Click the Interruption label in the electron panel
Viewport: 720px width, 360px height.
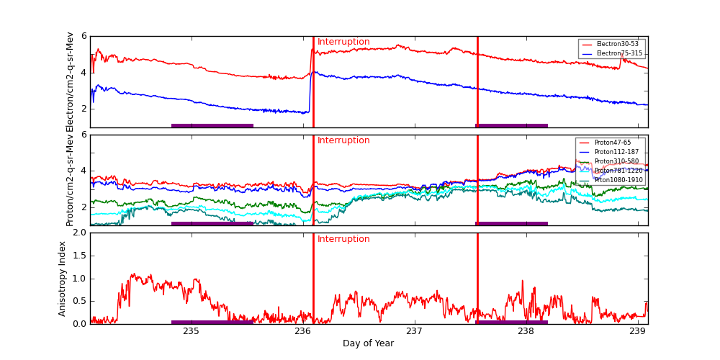[x=343, y=42]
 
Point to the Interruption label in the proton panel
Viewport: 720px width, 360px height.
[x=343, y=140]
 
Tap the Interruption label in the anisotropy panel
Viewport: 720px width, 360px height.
[x=343, y=239]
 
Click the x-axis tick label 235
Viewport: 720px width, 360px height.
[x=191, y=331]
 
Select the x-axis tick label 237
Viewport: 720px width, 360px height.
[x=414, y=331]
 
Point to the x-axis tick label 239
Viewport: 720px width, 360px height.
[x=637, y=331]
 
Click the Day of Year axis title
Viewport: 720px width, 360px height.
[x=368, y=343]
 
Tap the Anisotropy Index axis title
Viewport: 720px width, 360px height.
[x=63, y=278]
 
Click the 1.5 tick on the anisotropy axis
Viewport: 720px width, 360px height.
[x=79, y=256]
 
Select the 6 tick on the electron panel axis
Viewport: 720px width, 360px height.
[x=84, y=36]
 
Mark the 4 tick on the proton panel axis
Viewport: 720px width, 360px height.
[x=84, y=171]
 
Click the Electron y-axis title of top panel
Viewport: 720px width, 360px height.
[x=70, y=81]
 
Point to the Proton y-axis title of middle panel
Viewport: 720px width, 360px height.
[x=70, y=180]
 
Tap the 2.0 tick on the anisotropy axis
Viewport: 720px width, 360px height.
[x=79, y=233]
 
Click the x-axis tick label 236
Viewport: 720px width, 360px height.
[x=302, y=331]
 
